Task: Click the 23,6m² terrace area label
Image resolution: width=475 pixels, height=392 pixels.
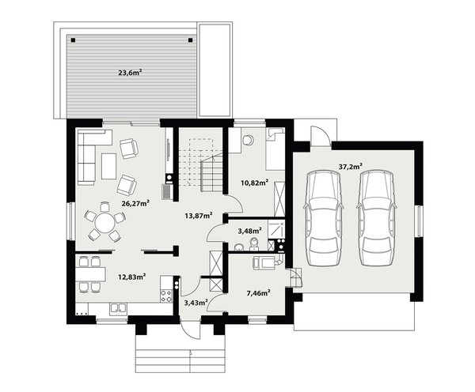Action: pos(131,73)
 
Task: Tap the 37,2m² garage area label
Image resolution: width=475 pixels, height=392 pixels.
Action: pos(351,166)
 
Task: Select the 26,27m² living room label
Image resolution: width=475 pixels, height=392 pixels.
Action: pos(135,203)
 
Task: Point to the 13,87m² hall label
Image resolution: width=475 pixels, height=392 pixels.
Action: pos(199,215)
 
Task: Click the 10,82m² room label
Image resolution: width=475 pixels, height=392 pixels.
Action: pos(254,183)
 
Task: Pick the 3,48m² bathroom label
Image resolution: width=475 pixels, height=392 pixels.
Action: pos(250,231)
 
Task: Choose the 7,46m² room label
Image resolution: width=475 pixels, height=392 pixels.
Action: pos(258,292)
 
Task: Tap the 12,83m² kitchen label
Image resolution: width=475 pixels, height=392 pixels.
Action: pos(132,277)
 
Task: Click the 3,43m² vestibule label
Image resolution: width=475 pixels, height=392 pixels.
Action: pos(196,302)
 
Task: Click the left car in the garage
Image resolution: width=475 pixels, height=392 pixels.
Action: pos(324,218)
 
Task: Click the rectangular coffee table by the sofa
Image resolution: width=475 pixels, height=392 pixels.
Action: pos(109,166)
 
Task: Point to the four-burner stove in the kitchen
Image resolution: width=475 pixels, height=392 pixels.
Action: pos(166,296)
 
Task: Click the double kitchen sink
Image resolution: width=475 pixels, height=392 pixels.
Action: pos(119,307)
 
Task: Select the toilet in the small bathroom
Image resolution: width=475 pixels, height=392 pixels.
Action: pos(254,244)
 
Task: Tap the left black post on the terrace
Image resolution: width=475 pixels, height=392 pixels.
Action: pos(73,40)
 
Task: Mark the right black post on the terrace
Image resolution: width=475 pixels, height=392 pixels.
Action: pos(190,40)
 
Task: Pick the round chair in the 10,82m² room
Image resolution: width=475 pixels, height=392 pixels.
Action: pos(249,140)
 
